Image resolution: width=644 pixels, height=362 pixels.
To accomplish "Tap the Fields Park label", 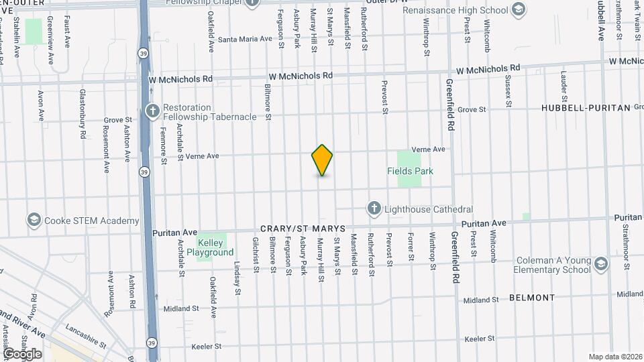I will tap(410, 171).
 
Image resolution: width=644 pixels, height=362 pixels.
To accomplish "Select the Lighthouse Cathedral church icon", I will tap(374, 209).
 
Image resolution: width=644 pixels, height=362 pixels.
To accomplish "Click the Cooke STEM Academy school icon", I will tap(34, 220).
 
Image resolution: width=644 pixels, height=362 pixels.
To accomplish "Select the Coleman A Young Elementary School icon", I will tap(601, 265).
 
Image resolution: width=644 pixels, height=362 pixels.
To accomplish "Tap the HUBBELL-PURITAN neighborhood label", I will tap(586, 107).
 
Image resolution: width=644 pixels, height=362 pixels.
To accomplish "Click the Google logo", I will tap(22, 353).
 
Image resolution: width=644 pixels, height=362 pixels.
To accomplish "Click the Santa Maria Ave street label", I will tap(244, 39).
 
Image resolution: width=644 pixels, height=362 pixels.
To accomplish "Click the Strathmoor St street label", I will tap(625, 239).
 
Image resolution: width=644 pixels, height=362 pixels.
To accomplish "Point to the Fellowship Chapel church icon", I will tap(252, 3).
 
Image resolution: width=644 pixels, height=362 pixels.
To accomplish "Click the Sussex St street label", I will tap(508, 90).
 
